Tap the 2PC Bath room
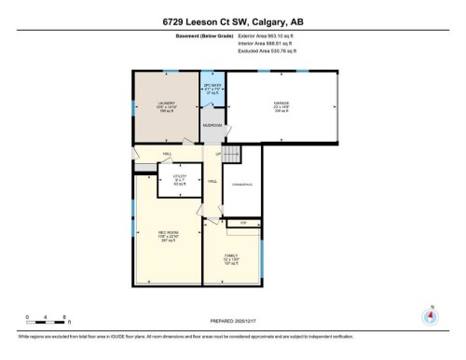[212, 89]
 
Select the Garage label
[281, 104]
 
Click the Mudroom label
[212, 124]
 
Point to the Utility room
[181, 176]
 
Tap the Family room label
[230, 257]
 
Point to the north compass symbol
[430, 315]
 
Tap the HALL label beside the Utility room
[212, 180]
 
